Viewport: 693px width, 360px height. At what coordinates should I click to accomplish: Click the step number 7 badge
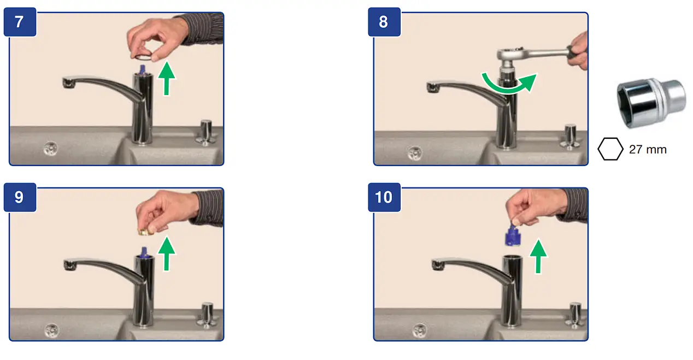pos(20,22)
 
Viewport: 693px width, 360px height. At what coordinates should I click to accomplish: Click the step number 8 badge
pos(384,22)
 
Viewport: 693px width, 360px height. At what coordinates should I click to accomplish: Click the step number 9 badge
pos(20,198)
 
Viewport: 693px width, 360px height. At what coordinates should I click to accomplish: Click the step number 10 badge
pos(384,198)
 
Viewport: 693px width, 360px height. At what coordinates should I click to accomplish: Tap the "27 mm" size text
pos(648,150)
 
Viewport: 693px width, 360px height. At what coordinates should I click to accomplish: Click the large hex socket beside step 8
pos(651,103)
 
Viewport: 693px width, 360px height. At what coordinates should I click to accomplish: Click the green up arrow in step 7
pos(167,78)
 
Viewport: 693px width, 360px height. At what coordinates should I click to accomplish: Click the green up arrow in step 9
pos(167,254)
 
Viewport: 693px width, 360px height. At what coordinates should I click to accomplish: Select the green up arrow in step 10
pos(538,256)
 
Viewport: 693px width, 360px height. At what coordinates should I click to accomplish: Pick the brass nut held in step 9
pos(144,232)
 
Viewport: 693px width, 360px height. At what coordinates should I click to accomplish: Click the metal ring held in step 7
pos(143,57)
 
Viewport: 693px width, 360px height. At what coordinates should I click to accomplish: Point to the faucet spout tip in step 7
pos(69,83)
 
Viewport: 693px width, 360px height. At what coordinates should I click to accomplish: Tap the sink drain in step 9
pos(52,331)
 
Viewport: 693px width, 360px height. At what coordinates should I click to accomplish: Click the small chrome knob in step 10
pos(575,315)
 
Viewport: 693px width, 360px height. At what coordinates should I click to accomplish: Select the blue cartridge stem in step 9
pos(144,252)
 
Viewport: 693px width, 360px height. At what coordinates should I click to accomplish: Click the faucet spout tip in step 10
pos(438,265)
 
